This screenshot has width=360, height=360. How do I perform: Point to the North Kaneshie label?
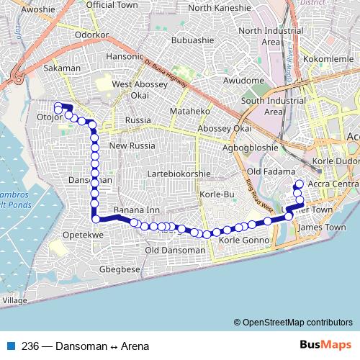219,8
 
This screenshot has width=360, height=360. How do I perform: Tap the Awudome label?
244,81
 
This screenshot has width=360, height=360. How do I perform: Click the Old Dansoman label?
175,250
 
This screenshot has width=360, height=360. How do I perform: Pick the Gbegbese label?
120,269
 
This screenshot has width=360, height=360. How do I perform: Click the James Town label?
321,227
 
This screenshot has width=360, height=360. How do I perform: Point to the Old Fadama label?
266,172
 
